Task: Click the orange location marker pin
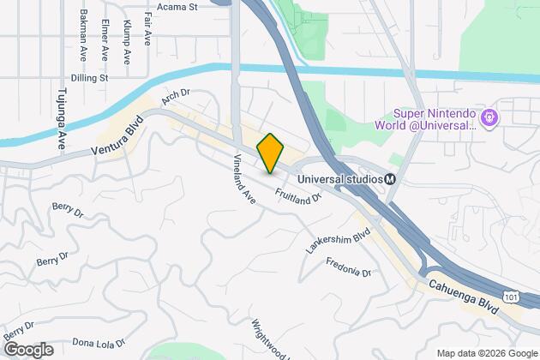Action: [270, 153]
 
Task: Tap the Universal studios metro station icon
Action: [390, 179]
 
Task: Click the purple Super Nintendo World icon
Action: [490, 117]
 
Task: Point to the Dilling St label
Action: [91, 77]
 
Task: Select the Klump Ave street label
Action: [126, 41]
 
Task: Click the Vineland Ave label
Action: [245, 179]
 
